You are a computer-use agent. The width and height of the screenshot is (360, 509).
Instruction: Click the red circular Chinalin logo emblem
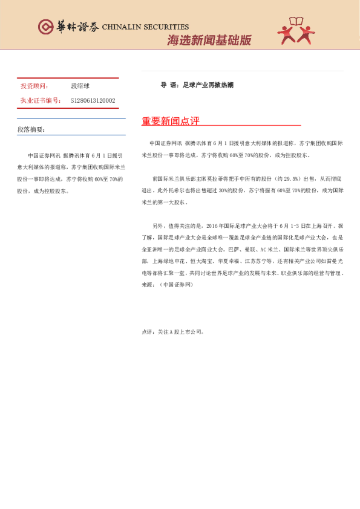45,27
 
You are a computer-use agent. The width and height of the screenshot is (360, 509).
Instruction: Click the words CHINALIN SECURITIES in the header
145,27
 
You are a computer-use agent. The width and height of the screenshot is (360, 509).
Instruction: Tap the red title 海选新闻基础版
209,41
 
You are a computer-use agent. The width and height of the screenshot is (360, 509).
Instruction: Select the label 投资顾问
34,86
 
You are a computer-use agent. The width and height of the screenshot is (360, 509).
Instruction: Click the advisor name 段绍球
80,86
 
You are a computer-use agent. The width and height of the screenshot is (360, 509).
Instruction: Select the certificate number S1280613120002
93,100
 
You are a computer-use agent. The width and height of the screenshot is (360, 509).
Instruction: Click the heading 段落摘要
31,129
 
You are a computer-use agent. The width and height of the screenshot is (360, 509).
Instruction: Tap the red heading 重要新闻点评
171,121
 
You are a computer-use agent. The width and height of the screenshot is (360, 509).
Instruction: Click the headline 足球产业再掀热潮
208,85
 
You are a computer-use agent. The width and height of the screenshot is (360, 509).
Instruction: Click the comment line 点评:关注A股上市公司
173,332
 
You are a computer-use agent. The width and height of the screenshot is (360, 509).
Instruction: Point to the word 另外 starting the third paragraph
159,224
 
